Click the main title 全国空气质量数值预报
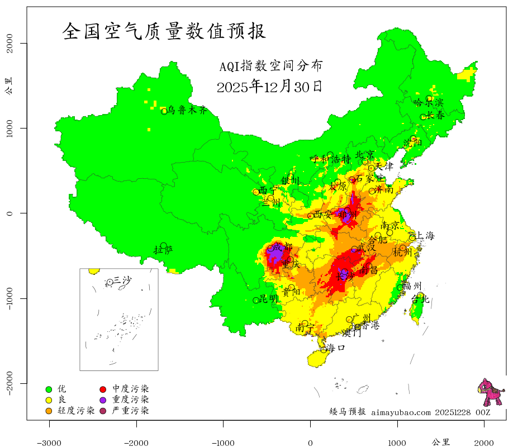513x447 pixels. click(164, 31)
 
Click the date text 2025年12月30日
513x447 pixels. click(269, 87)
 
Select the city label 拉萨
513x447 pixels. click(164, 250)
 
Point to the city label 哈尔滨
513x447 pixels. click(428, 102)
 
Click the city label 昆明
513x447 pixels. click(269, 299)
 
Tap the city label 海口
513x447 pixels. click(336, 348)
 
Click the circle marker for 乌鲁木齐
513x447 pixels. click(164, 111)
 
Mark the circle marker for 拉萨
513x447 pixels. click(164, 245)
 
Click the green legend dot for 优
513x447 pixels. click(49, 389)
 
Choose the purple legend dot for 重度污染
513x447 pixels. click(103, 400)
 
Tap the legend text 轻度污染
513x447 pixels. click(76, 411)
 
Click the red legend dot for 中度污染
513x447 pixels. click(103, 389)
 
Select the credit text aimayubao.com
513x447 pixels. click(401, 412)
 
